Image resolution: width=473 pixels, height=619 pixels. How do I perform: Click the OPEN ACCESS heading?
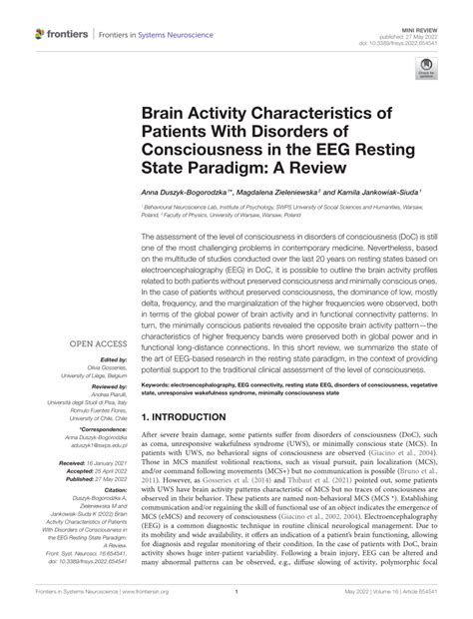(x=97, y=341)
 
